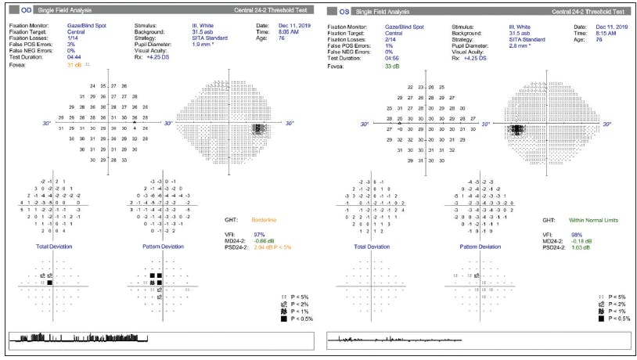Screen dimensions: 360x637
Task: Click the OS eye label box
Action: point(341,12)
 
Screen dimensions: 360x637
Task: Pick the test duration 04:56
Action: point(389,57)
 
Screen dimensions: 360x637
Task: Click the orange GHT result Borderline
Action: point(264,221)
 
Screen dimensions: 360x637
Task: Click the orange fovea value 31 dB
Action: point(74,65)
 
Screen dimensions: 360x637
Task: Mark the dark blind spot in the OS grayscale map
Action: point(516,131)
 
